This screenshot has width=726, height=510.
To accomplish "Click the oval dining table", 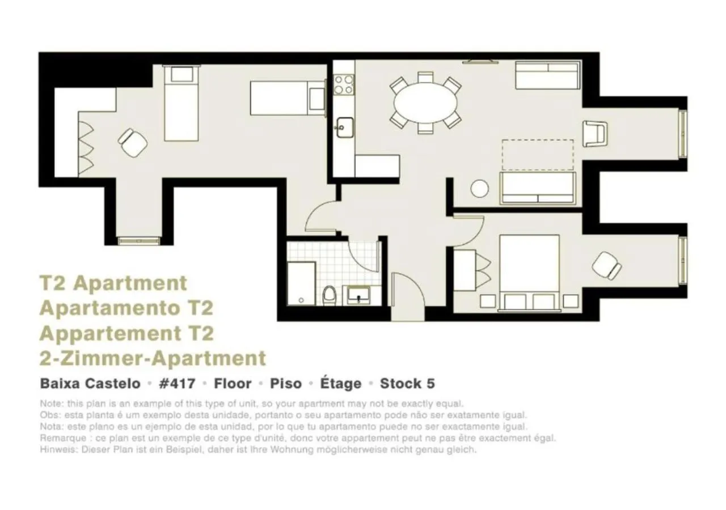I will (425, 103).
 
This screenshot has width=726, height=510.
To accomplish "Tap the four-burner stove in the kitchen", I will (343, 84).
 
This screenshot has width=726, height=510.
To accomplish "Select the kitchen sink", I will (343, 125).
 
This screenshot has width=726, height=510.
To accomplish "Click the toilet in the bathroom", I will (329, 295).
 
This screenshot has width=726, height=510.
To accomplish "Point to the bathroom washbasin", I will (358, 295).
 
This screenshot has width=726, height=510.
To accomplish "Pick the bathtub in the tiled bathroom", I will (301, 283).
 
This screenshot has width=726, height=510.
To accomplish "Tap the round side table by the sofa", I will (479, 188).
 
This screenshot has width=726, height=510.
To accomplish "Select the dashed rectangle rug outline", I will (537, 155).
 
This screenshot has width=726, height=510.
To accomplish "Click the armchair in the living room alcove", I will (595, 133).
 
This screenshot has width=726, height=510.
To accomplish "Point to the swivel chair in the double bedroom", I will (606, 265).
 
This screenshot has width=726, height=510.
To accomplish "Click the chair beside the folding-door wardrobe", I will (133, 142).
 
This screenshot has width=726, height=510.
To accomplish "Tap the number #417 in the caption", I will (177, 384).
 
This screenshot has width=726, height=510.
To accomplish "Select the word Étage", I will (340, 384).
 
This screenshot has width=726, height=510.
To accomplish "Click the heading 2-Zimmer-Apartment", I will (153, 358).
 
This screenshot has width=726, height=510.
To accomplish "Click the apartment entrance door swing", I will (407, 295).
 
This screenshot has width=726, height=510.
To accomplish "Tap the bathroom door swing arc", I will (363, 255).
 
